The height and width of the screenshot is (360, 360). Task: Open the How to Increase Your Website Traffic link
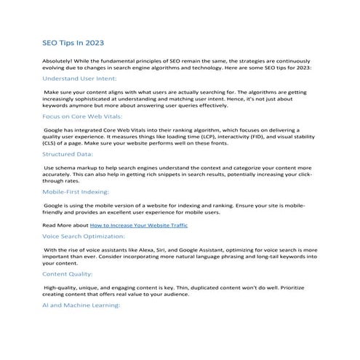[138, 225]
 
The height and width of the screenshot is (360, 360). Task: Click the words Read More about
[65, 225]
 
